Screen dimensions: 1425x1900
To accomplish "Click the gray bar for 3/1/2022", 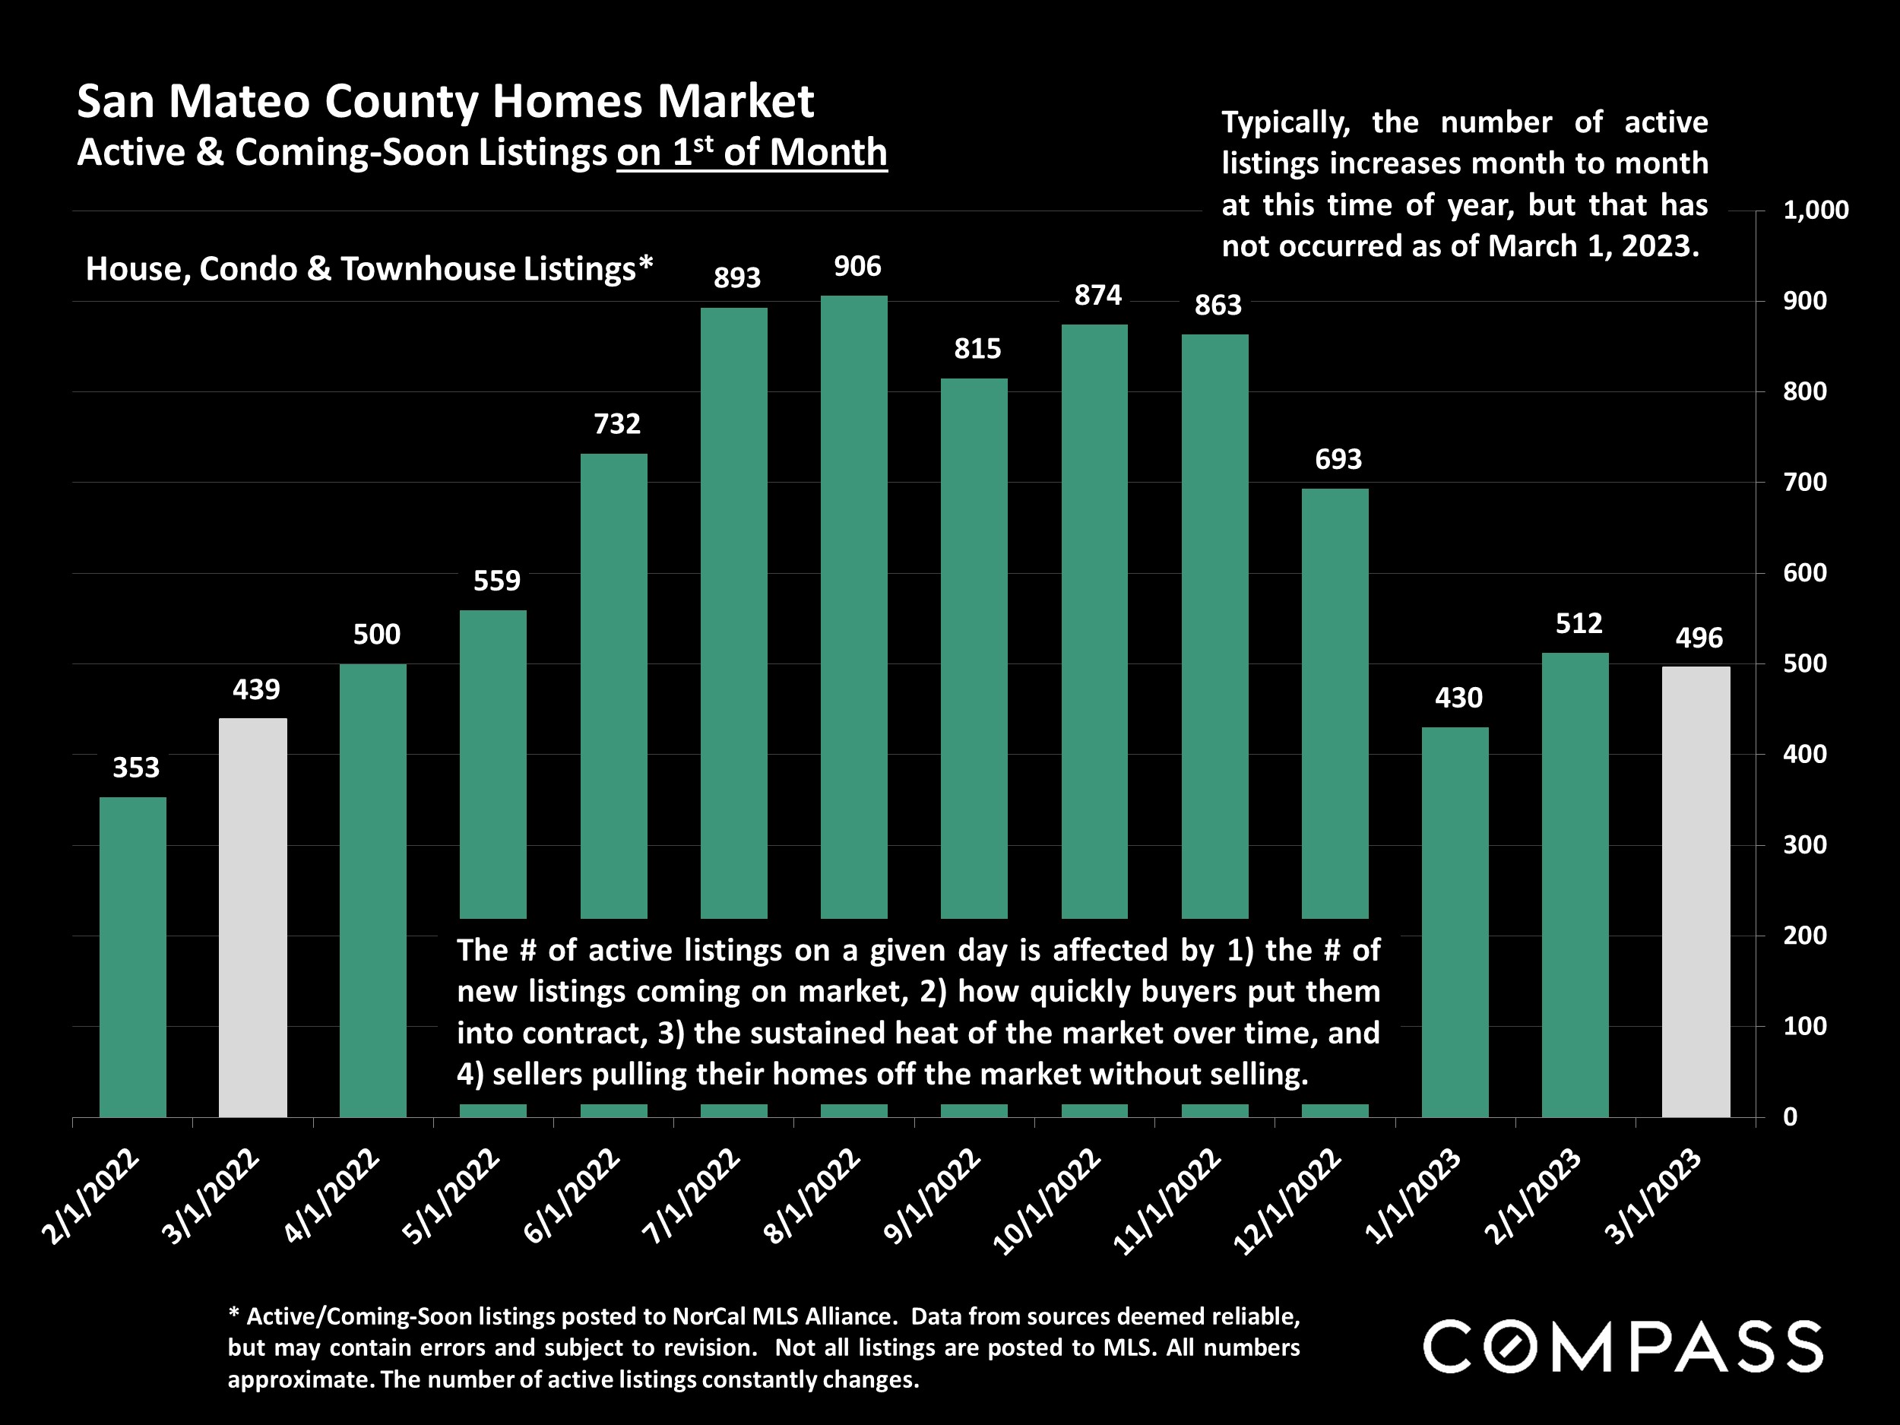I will (252, 917).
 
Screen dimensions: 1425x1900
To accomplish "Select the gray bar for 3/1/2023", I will (1696, 891).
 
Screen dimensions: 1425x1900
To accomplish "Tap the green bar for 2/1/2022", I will (132, 956).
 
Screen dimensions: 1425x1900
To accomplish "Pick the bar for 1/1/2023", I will (1455, 921).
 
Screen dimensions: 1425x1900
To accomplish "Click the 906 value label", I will (857, 267).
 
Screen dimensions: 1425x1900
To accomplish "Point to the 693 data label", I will (1338, 460).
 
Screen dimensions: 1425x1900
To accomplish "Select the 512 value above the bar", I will (1579, 624).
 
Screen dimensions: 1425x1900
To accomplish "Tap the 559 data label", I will (496, 581).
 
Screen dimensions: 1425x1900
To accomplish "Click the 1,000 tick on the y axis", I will (1815, 211).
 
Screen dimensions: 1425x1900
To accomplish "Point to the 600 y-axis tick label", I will (1805, 573).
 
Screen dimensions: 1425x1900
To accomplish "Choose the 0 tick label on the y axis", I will (1790, 1116).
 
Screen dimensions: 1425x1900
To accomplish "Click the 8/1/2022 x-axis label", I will (812, 1196).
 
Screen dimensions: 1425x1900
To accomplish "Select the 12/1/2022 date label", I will (1287, 1201).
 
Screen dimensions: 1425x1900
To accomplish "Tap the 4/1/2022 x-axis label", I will (331, 1196).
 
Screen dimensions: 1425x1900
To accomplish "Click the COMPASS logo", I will (1623, 1347).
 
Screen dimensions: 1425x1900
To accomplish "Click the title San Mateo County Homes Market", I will (445, 101).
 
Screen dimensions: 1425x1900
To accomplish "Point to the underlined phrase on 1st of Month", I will (752, 153).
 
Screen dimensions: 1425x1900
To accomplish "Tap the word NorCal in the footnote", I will (710, 1317).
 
